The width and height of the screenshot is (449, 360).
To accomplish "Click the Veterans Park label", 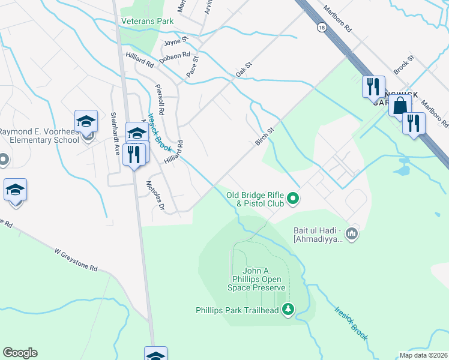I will click(x=147, y=21).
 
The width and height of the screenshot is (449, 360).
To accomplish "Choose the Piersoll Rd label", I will click(x=160, y=95).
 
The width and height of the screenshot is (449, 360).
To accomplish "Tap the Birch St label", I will click(x=264, y=136).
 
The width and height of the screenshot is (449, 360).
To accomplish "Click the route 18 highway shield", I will click(x=322, y=27).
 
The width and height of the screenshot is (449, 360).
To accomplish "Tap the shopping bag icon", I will click(x=399, y=106).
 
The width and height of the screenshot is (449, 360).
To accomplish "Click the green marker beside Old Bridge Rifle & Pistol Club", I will click(x=293, y=197).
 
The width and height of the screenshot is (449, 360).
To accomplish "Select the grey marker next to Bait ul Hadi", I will click(x=352, y=233).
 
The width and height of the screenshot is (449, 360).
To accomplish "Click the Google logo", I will click(x=20, y=353).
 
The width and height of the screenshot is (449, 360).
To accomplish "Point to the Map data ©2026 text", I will click(x=424, y=355).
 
